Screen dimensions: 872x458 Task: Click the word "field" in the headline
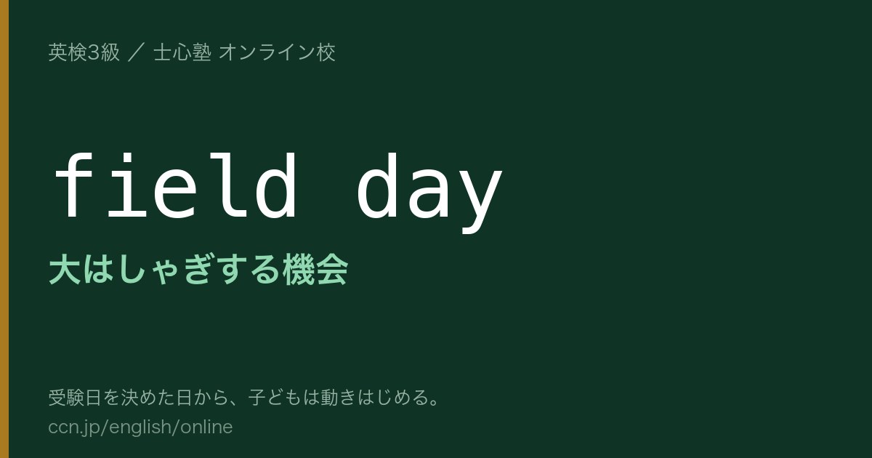[x=176, y=185]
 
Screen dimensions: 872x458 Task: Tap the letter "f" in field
[x=74, y=185]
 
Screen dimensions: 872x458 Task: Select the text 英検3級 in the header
[x=84, y=52]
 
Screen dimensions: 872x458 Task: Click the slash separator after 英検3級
[x=137, y=52]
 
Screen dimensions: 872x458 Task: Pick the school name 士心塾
[x=182, y=52]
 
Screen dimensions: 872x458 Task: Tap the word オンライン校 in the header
[x=277, y=52]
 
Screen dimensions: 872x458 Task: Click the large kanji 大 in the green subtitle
[x=65, y=269]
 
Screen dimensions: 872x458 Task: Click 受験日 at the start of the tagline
[x=75, y=397]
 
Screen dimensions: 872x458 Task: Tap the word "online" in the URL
[x=206, y=427]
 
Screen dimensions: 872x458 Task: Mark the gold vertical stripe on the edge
[x=4, y=229]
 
